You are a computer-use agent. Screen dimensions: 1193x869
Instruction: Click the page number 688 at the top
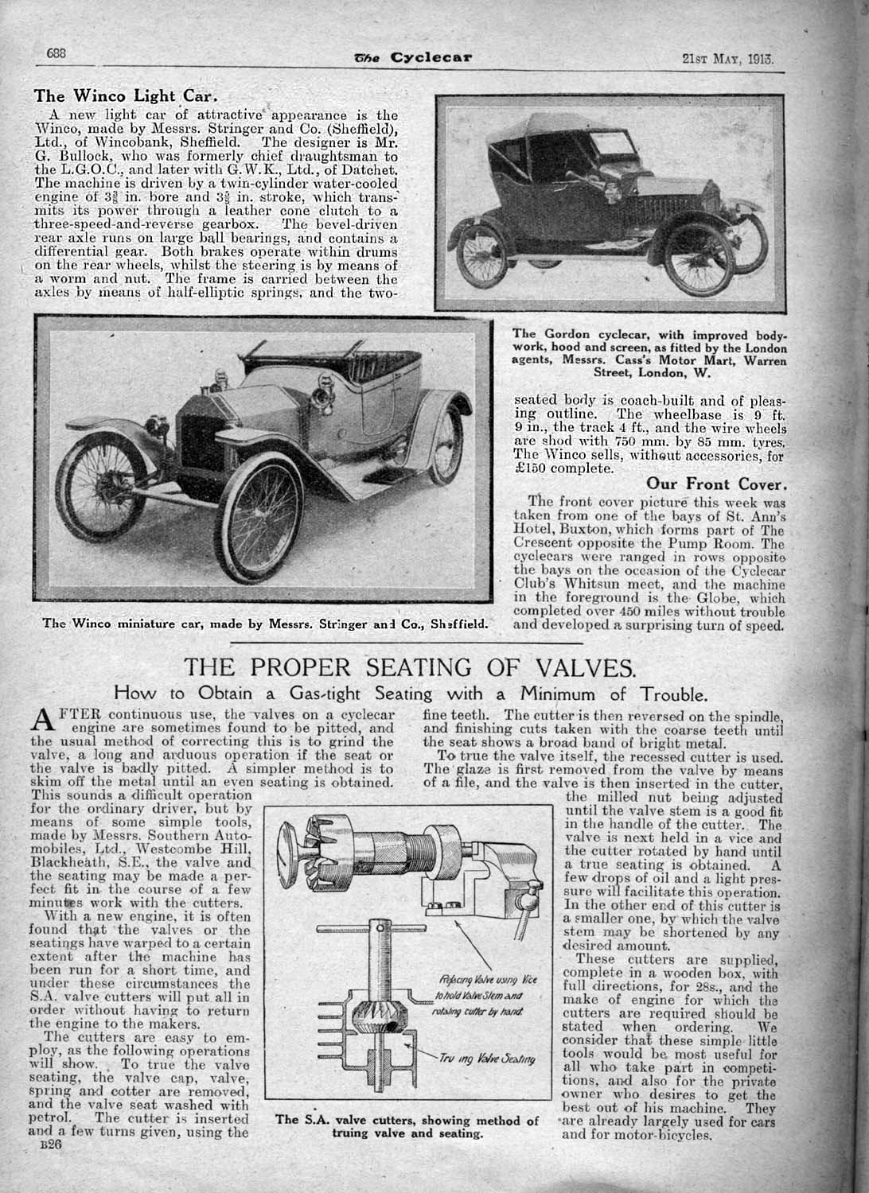coord(54,53)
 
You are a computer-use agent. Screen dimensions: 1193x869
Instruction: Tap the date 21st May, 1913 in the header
coord(727,58)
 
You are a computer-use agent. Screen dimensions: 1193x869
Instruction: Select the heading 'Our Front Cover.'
coord(717,484)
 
